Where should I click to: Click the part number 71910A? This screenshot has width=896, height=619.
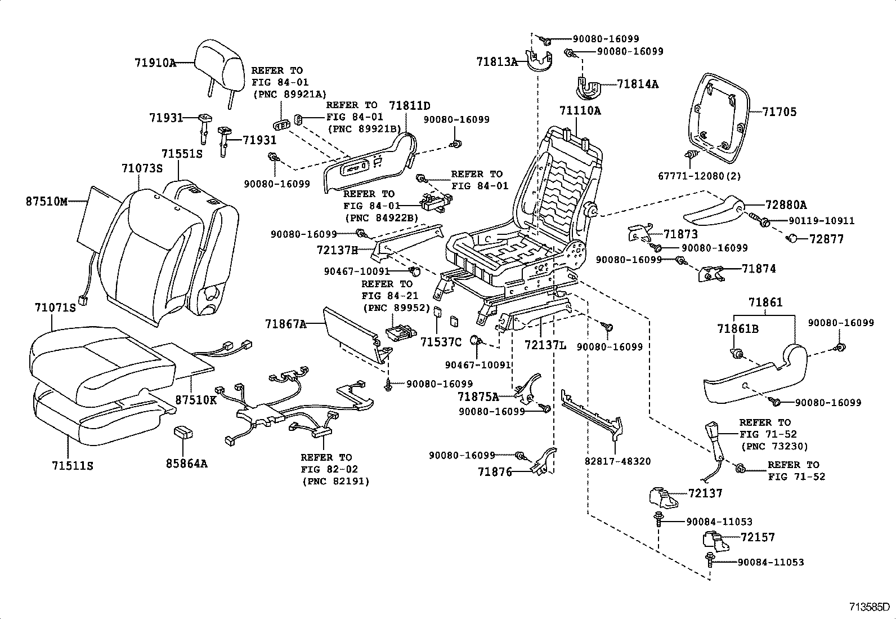coord(155,63)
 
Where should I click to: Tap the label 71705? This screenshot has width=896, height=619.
coord(779,112)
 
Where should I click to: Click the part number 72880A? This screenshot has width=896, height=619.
coord(786,205)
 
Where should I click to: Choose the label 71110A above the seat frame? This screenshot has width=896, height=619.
coord(580,110)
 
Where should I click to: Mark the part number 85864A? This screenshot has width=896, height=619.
coord(186,464)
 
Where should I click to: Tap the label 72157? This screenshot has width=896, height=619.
coord(758,537)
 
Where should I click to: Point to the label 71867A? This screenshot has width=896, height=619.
coord(285,324)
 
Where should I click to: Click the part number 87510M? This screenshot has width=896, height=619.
coord(47,201)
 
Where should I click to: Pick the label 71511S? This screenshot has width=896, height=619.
coord(73,466)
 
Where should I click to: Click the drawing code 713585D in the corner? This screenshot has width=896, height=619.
coord(870,608)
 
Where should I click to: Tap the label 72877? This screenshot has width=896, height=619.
coord(826,239)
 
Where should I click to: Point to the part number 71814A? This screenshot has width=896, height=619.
coord(638,84)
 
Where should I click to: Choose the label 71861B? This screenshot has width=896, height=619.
coord(737,328)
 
